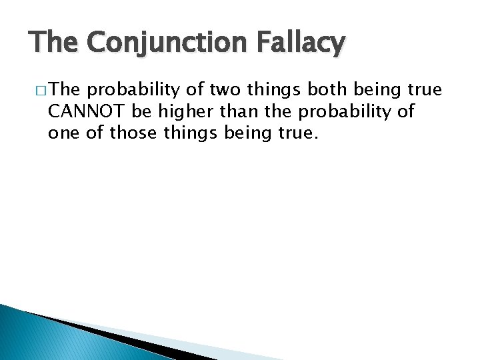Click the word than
tap(228, 111)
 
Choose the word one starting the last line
tap(62, 133)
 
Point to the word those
tap(131, 133)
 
